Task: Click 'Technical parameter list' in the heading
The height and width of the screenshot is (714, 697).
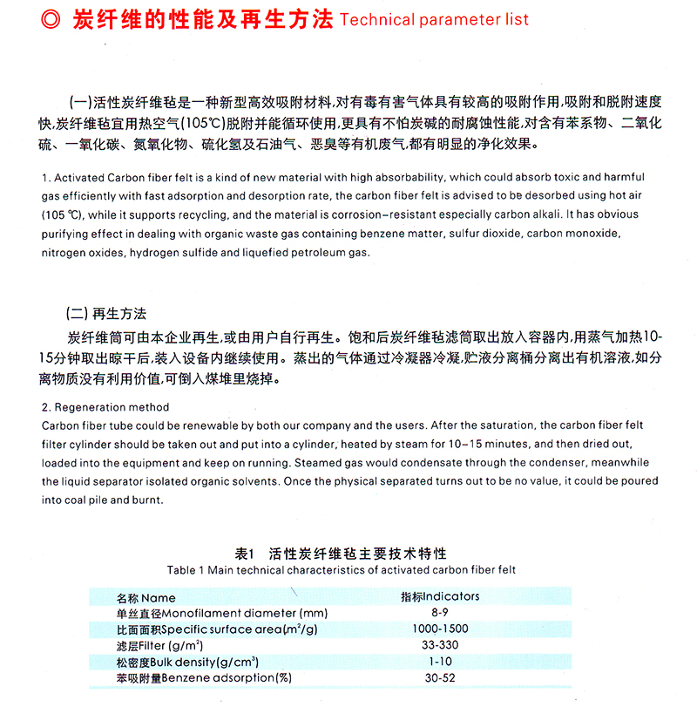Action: tap(434, 19)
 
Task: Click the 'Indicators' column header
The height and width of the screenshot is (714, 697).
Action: tap(440, 596)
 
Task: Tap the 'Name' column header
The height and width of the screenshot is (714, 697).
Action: tap(146, 598)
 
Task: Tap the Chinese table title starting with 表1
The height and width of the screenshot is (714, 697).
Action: tap(341, 554)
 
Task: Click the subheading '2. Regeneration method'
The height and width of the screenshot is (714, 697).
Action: tap(105, 407)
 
